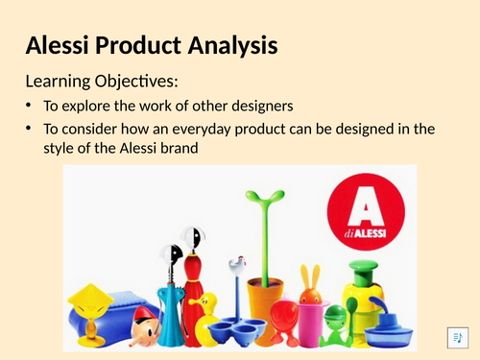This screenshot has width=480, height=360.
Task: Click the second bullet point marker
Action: (29, 129)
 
